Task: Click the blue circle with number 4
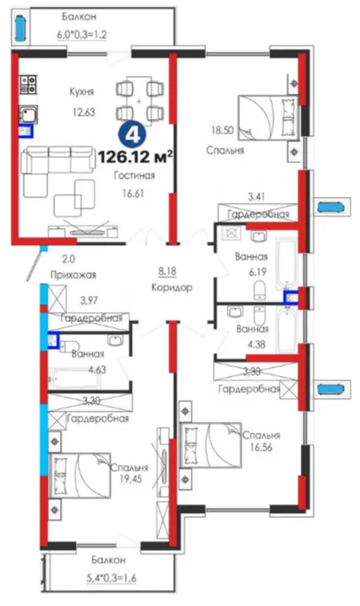[132, 135]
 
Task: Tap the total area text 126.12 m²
[135, 157]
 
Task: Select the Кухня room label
[81, 92]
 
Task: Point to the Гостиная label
[134, 176]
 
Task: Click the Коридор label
[172, 288]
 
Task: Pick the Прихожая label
[73, 275]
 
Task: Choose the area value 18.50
[222, 130]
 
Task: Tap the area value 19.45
[130, 479]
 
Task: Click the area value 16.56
[261, 447]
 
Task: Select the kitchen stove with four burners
[28, 85]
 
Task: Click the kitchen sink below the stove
[28, 115]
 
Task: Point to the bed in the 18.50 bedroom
[268, 117]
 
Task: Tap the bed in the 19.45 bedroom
[80, 476]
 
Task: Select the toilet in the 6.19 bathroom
[260, 290]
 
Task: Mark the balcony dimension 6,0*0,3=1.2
[82, 35]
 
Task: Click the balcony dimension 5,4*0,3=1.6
[111, 579]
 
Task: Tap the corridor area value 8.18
[167, 271]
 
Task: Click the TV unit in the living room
[83, 231]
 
